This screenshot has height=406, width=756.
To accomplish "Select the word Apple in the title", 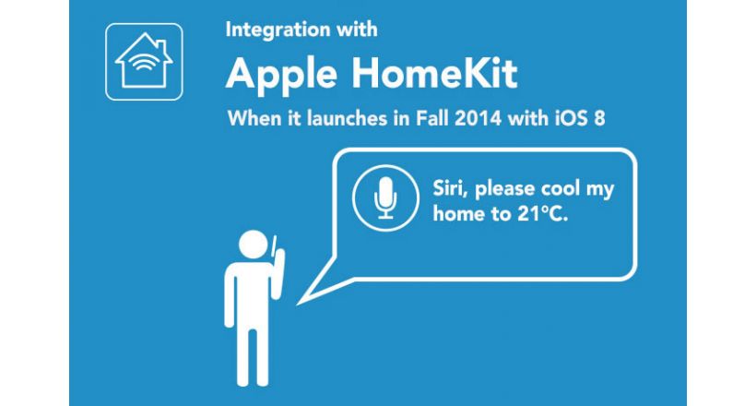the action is pyautogui.click(x=281, y=75).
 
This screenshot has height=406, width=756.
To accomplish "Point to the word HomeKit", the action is pyautogui.click(x=434, y=74).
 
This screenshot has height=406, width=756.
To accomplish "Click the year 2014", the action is pyautogui.click(x=478, y=118).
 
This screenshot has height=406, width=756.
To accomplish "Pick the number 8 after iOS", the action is pyautogui.click(x=599, y=118).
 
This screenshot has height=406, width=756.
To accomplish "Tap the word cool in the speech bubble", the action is pyautogui.click(x=561, y=188).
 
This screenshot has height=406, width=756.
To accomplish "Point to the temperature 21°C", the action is pyautogui.click(x=542, y=214).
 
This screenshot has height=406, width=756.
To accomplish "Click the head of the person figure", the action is pyautogui.click(x=254, y=245).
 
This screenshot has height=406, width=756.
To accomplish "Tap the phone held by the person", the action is pyautogui.click(x=273, y=246).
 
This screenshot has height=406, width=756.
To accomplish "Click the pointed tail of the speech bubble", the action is pyautogui.click(x=298, y=304).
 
